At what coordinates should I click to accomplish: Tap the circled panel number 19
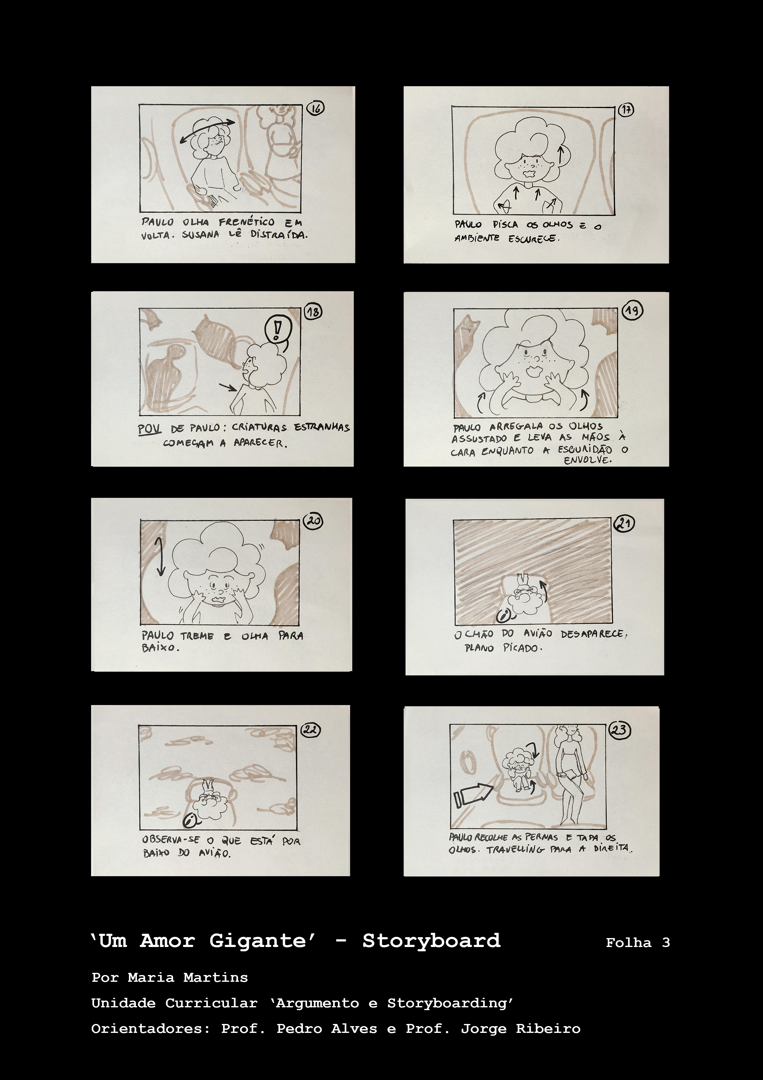[632, 310]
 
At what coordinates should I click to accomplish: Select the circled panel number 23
[620, 730]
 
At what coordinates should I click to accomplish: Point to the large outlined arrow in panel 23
[473, 795]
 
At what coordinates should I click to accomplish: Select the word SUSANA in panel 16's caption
[201, 234]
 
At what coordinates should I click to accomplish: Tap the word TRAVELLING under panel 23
[515, 849]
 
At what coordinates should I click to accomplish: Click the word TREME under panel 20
[197, 636]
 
